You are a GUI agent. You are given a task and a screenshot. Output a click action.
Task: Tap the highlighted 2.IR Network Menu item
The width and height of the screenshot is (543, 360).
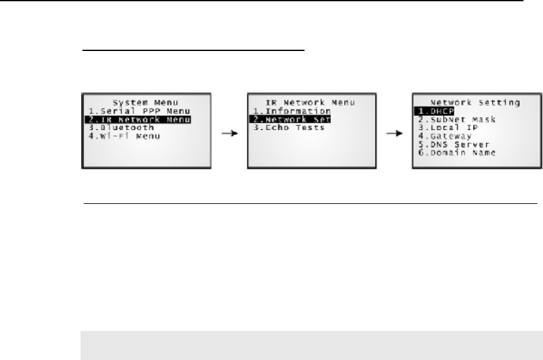(137, 119)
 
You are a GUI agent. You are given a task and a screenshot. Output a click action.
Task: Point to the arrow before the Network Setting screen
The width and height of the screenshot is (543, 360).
(395, 133)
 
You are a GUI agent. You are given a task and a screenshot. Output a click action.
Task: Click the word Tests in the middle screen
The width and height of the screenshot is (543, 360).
(310, 127)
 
